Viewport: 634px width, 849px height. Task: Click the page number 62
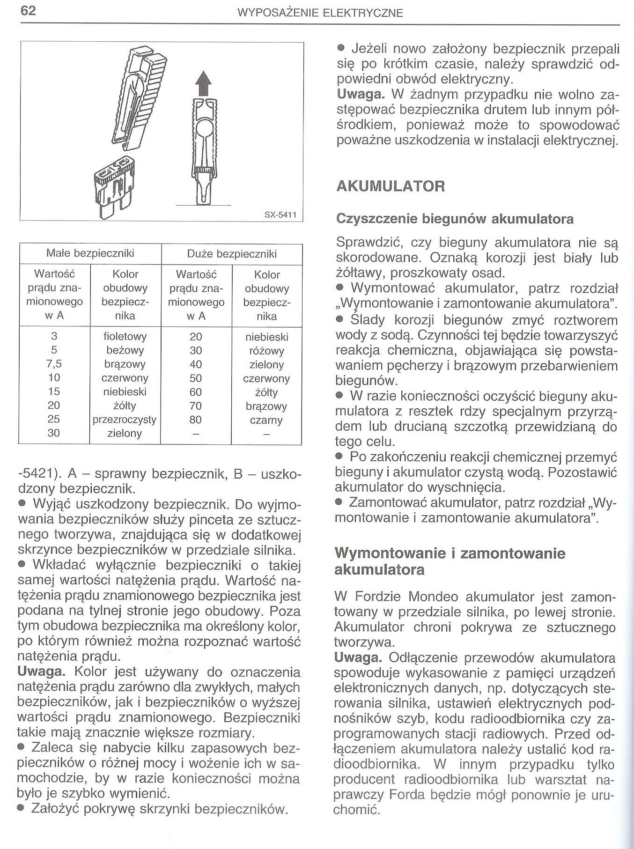click(x=28, y=11)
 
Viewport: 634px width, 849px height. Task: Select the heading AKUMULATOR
click(x=391, y=186)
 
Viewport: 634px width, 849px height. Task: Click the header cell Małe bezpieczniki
click(x=90, y=253)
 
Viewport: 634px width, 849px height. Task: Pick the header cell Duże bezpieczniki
click(x=232, y=254)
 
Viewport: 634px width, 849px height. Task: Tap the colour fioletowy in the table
click(x=125, y=336)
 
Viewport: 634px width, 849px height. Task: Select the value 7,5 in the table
click(x=54, y=364)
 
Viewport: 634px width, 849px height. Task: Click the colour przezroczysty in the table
click(x=125, y=420)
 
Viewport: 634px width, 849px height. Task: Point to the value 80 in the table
click(x=196, y=420)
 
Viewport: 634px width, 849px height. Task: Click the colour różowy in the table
click(x=266, y=351)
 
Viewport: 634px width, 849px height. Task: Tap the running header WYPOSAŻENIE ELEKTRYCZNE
click(x=321, y=13)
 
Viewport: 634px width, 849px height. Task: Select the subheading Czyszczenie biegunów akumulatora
click(x=455, y=219)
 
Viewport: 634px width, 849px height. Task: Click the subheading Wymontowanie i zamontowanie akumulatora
click(x=450, y=561)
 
